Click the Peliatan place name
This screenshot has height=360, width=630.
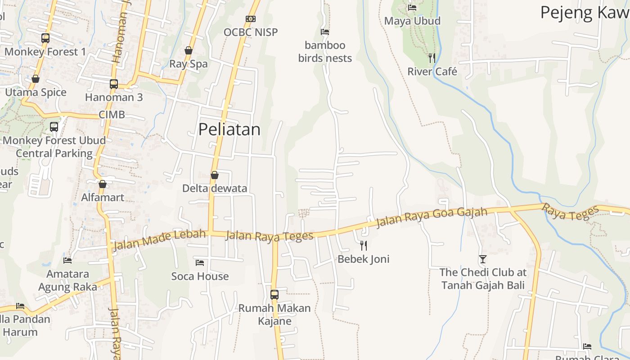[x=229, y=130]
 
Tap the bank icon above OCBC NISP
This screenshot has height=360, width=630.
[x=251, y=19]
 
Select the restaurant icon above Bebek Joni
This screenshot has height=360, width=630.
[x=364, y=245]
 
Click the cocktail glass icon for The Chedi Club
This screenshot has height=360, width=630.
[x=483, y=259]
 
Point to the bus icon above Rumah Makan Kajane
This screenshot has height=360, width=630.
[x=274, y=295]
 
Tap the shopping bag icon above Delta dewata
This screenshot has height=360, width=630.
[x=215, y=175]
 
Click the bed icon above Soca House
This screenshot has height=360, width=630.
[x=200, y=262]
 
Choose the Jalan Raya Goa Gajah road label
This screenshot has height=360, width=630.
[x=432, y=218]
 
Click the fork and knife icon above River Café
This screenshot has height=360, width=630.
[x=432, y=58]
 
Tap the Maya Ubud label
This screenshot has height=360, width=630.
[x=412, y=21]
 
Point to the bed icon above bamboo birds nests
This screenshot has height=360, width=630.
[x=325, y=32]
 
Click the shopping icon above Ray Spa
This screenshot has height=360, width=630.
[x=189, y=50]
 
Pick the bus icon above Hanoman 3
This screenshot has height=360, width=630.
[x=114, y=84]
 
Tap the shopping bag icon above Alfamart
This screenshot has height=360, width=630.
[x=103, y=184]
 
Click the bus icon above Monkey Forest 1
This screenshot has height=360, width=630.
[x=45, y=38]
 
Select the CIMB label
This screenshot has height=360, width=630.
[x=112, y=115]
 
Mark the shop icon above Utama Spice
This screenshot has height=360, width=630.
[x=36, y=79]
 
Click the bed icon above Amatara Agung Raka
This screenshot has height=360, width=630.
[x=67, y=260]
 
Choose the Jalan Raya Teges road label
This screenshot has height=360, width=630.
[x=269, y=236]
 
